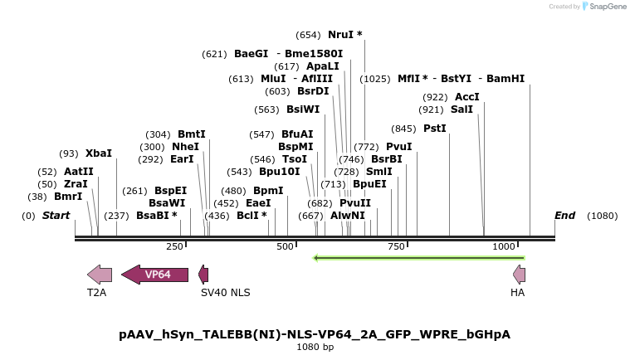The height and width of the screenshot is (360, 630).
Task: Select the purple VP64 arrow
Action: tap(155, 275)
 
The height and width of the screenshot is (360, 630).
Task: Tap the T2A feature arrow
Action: tap(100, 275)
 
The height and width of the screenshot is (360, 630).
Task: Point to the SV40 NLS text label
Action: tap(225, 293)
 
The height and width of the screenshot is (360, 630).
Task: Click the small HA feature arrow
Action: tap(520, 275)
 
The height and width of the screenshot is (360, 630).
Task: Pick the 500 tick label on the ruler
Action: tap(286, 246)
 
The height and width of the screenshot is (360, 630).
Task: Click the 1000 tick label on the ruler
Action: tap(504, 246)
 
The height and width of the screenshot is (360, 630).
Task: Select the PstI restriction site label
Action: tap(434, 129)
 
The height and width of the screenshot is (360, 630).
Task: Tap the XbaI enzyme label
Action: tap(98, 153)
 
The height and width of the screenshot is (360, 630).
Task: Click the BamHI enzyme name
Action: tap(505, 79)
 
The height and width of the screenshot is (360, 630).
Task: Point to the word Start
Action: tap(56, 216)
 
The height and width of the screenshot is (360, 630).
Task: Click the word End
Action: tap(564, 216)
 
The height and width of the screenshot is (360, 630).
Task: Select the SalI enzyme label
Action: tap(462, 109)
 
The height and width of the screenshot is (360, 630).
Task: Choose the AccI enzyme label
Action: tap(467, 97)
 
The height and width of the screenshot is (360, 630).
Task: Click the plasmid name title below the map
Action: tap(315, 334)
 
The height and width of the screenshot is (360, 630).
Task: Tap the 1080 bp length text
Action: tap(315, 347)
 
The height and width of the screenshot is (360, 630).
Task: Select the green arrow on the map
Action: tap(418, 258)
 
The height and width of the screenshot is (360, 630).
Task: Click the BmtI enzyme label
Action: tap(191, 134)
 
